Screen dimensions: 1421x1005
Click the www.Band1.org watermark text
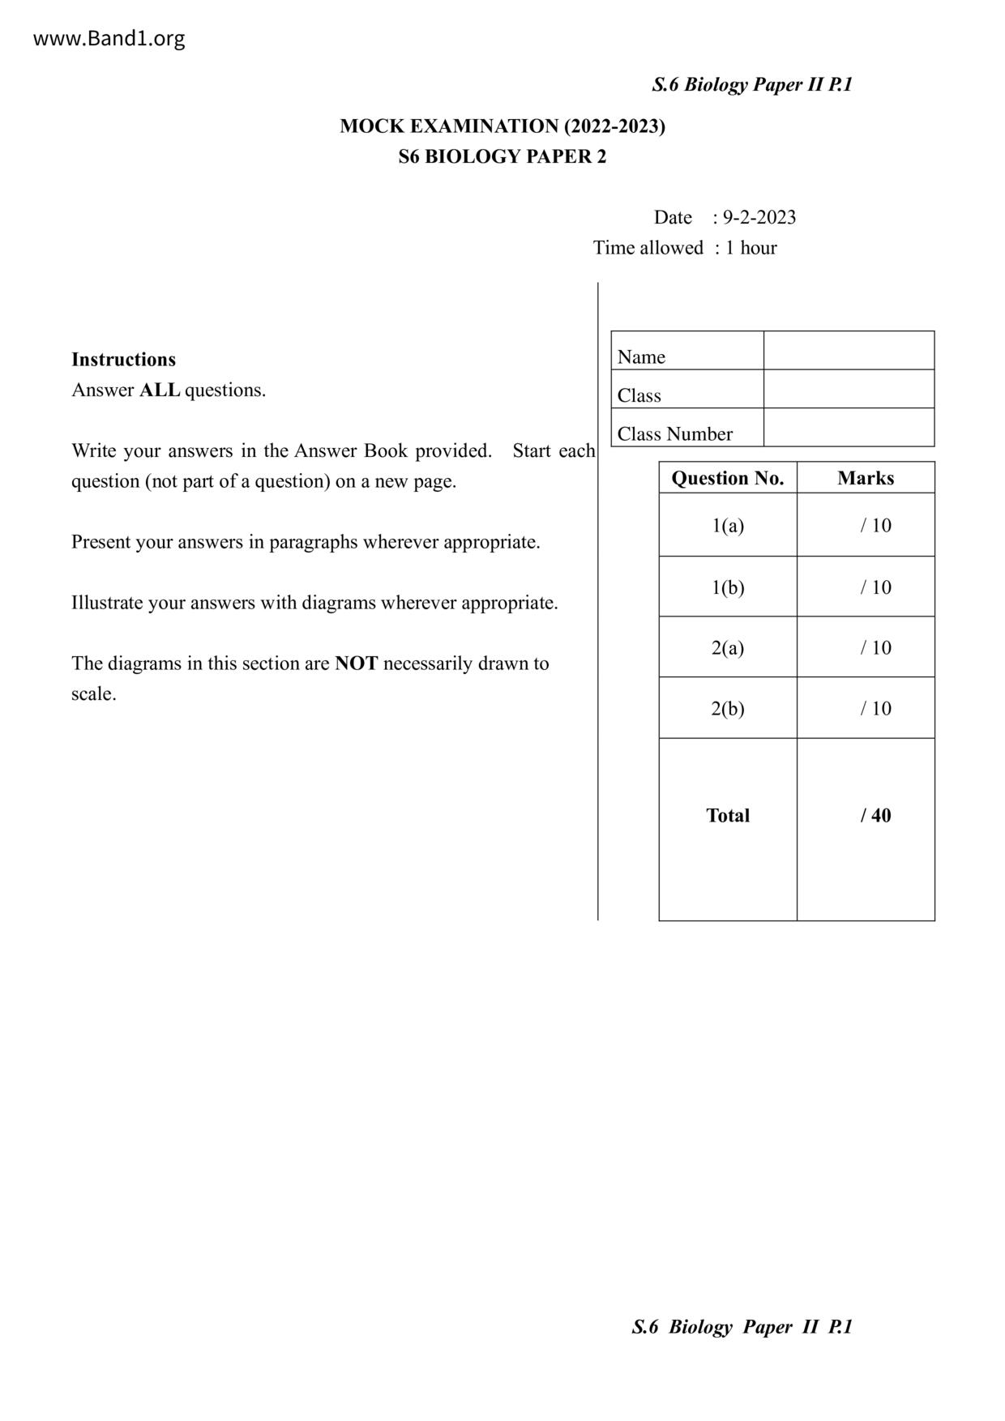109,39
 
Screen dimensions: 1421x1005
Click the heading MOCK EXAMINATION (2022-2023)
502,126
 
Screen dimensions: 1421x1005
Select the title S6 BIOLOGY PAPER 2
502,156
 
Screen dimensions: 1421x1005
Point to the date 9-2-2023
759,217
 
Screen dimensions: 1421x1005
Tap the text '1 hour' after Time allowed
751,248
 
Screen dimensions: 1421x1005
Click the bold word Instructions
123,359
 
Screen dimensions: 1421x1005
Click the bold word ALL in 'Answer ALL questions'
160,390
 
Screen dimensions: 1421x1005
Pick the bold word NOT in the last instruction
356,664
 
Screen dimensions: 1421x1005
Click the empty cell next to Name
849,351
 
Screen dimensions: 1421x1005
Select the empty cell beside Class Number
849,428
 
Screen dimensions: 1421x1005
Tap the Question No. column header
728,478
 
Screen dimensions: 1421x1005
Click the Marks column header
866,478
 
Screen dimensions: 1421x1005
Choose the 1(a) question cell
728,525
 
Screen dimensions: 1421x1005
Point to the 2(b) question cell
728,708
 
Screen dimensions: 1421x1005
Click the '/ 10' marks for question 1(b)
875,587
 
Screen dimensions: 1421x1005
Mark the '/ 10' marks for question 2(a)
875,647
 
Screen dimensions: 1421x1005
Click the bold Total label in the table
728,815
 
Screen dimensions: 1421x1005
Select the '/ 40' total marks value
875,815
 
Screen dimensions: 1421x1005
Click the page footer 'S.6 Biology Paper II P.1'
742,1326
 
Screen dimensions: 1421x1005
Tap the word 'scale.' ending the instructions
94,693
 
